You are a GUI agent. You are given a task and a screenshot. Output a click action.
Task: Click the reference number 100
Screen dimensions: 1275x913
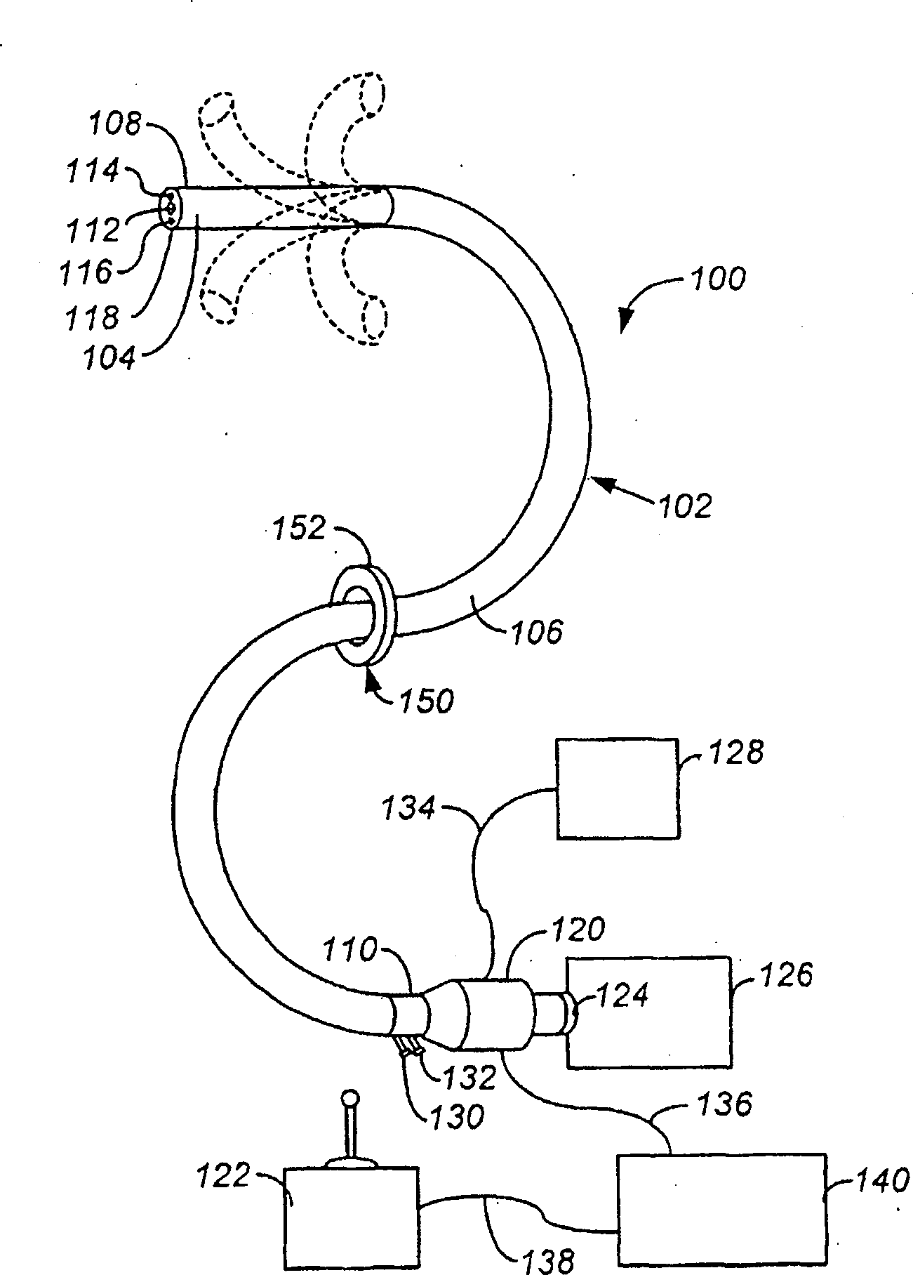717,279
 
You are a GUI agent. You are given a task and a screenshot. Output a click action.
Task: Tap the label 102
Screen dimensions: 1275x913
685,505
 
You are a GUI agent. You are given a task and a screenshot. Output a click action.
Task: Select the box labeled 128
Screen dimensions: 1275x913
618,788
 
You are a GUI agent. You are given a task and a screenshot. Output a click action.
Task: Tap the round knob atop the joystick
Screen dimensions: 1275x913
349,1097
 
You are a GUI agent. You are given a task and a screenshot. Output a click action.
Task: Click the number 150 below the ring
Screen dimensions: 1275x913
426,700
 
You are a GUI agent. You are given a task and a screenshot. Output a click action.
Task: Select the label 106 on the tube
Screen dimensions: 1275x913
538,633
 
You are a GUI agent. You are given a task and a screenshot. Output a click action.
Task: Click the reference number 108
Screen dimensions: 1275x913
114,125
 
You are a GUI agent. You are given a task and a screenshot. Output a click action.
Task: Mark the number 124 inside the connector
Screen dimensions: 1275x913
623,995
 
